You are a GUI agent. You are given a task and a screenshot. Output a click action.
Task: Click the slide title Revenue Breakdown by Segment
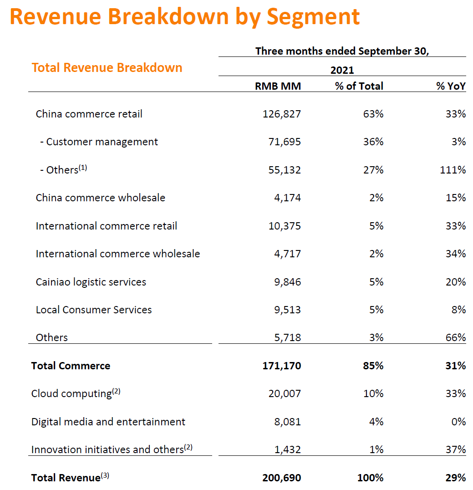(184, 17)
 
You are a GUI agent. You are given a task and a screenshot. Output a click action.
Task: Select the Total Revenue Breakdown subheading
(107, 68)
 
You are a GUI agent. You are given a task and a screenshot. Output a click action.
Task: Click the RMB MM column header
(278, 86)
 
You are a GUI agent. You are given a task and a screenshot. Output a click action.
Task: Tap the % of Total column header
(359, 86)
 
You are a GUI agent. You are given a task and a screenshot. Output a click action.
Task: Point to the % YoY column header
(451, 86)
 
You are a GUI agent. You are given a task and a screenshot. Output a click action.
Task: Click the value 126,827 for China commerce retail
(282, 114)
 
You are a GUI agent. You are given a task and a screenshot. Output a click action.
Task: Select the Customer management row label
(102, 142)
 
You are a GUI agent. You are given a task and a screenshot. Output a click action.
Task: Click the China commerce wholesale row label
(101, 198)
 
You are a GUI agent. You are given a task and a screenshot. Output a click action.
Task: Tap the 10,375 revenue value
(285, 226)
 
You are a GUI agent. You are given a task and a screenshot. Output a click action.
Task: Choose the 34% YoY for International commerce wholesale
(455, 254)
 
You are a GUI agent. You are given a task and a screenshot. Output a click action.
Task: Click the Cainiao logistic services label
(91, 282)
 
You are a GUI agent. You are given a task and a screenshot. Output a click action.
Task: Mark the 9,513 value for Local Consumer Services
(287, 310)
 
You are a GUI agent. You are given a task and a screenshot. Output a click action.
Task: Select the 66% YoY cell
(455, 337)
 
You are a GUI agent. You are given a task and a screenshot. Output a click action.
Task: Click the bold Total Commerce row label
(71, 366)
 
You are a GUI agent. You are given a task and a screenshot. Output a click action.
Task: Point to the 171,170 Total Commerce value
(281, 366)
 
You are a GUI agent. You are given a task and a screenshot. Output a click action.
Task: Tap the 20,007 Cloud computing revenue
(285, 393)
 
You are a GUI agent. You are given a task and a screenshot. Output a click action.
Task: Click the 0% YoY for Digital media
(458, 422)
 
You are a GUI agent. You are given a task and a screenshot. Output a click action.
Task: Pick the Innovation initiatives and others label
(107, 449)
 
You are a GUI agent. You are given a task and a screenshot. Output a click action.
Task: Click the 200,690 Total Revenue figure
(281, 478)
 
